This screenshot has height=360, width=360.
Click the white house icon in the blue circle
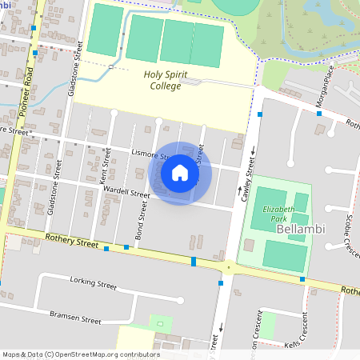pos(180,173)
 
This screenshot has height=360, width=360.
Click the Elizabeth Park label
pos(274,214)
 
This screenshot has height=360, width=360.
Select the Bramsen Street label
pos(74,318)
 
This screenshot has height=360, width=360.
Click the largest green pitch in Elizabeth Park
pos(285,256)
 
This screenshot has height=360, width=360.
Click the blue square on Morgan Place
pos(318,114)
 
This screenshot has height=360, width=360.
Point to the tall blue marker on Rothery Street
pos(194,262)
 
